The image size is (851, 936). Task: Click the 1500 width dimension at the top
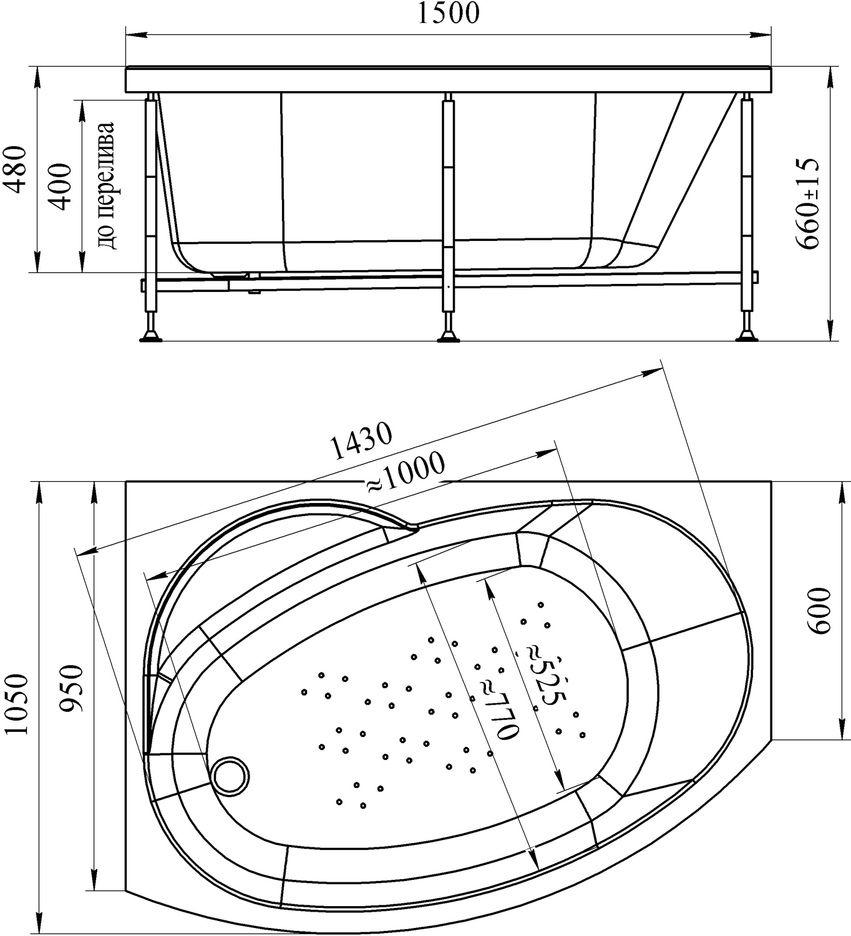click(x=447, y=13)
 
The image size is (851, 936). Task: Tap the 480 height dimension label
click(x=15, y=169)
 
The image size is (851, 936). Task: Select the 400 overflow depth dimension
click(x=60, y=187)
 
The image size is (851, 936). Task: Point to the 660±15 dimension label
click(x=807, y=203)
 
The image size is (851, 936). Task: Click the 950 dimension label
click(x=72, y=688)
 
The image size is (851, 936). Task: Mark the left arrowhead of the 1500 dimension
click(x=136, y=34)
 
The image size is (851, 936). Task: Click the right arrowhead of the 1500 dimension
click(x=761, y=34)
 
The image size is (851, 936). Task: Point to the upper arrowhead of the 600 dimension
click(x=843, y=492)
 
